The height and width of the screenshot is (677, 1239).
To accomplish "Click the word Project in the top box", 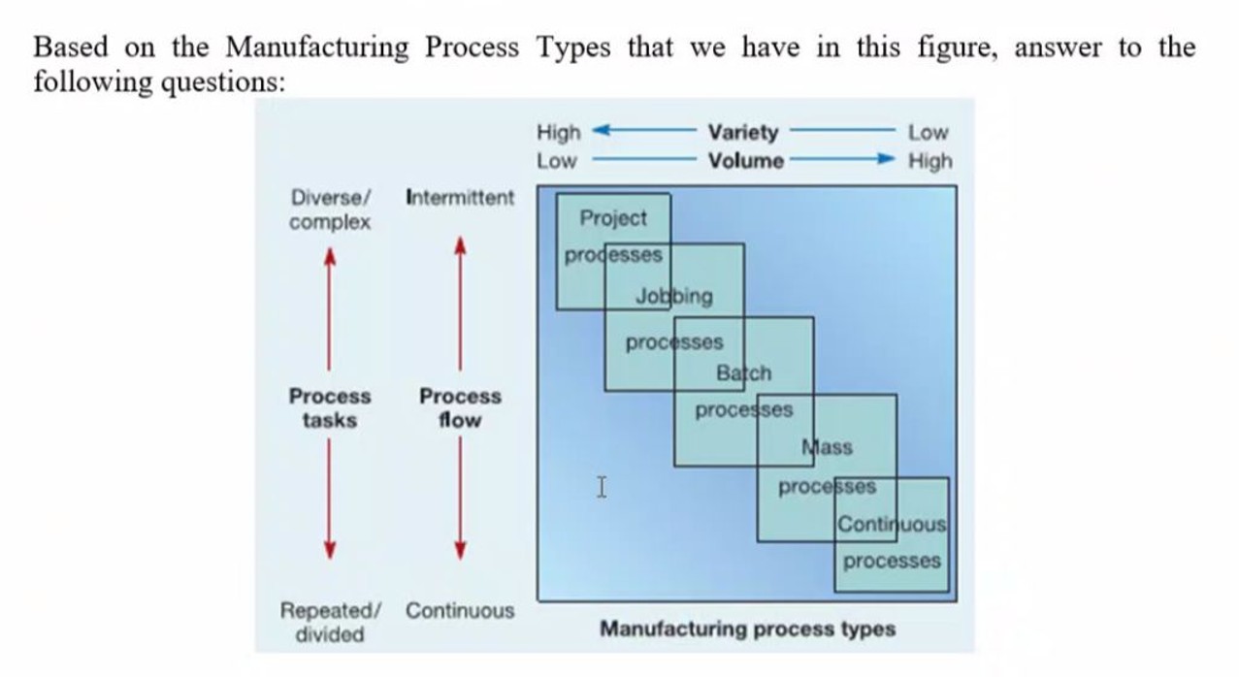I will coord(612,218).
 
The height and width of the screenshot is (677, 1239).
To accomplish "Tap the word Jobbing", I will coord(673,296).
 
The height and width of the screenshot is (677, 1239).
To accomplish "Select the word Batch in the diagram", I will coord(744,372).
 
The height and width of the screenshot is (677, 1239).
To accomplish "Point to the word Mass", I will coord(828,447).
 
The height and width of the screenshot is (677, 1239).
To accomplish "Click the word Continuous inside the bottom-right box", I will coord(891,525).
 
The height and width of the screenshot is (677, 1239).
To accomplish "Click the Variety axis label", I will coord(743,132).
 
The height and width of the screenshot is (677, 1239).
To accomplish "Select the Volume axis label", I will coord(745,161).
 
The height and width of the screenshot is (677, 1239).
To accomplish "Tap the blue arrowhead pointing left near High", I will coord(600,131).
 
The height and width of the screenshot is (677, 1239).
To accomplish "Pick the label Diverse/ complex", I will coord(330,210).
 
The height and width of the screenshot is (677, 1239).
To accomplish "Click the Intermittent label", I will coord(459,198).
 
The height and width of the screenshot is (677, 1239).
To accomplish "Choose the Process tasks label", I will coord(330,408).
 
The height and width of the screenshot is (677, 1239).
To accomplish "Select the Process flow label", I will coord(460,408).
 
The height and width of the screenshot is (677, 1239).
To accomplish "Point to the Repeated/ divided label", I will coord(329,623).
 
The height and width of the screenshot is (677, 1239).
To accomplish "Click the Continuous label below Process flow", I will coord(460,611).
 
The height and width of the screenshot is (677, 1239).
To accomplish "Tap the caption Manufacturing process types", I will coord(747,629).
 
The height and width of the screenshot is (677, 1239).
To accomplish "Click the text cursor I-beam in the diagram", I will coord(602,487).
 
